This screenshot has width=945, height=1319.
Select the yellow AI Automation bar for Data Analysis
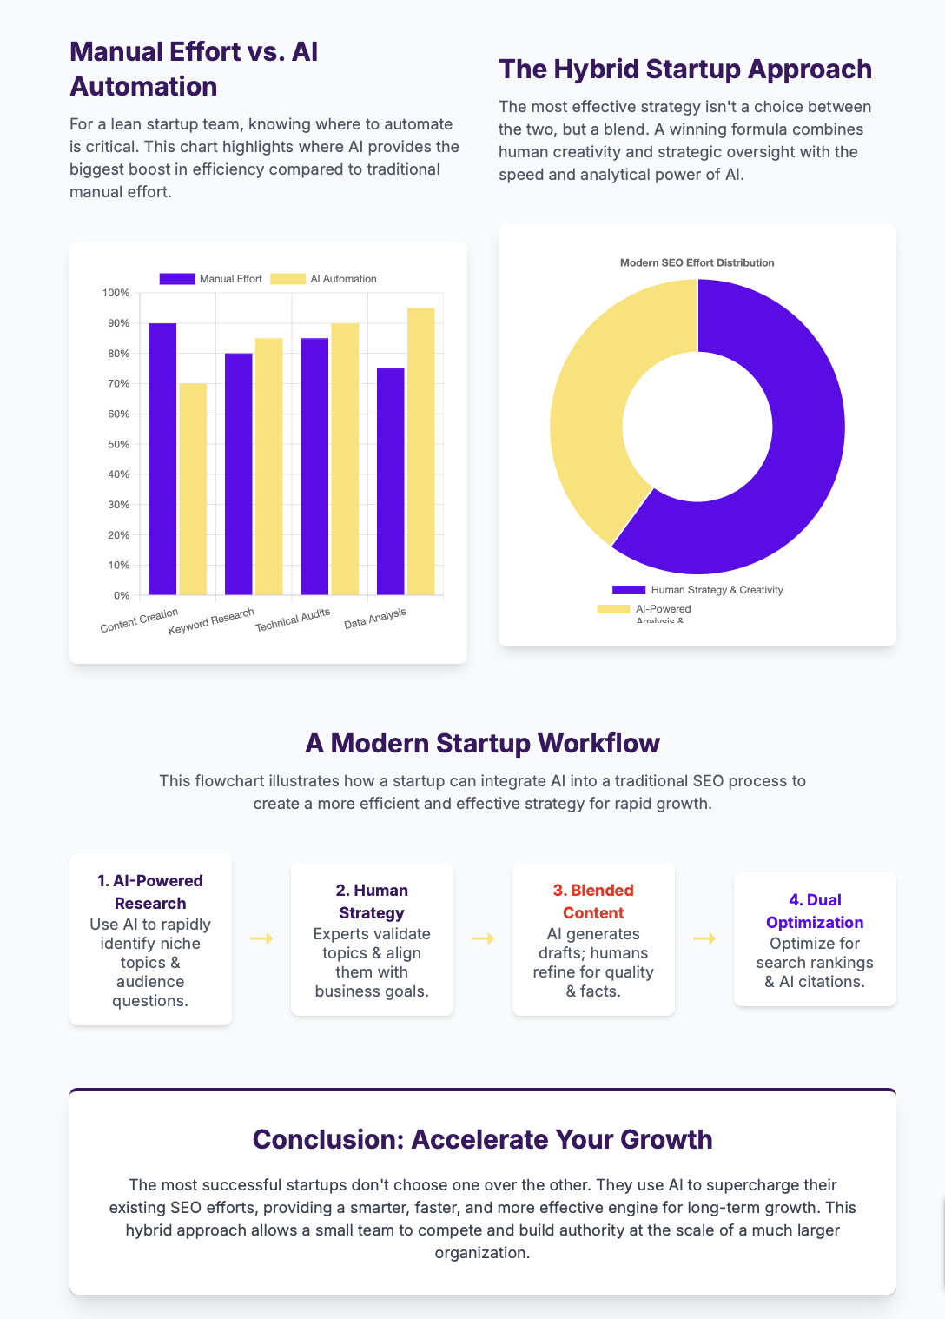pyautogui.click(x=421, y=452)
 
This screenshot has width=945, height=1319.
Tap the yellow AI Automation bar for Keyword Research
pyautogui.click(x=268, y=467)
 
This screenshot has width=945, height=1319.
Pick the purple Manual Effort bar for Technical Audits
pyautogui.click(x=314, y=467)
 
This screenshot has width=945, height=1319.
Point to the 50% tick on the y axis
pyautogui.click(x=119, y=445)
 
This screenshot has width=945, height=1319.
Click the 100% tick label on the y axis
pyautogui.click(x=116, y=293)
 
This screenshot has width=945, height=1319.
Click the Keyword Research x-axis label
pyautogui.click(x=212, y=621)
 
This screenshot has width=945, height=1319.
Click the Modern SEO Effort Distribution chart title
pyautogui.click(x=697, y=262)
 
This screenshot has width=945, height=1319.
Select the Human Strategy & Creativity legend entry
pyautogui.click(x=697, y=590)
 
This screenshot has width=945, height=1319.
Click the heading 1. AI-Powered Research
pyautogui.click(x=150, y=891)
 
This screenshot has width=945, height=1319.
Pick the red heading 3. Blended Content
pyautogui.click(x=593, y=901)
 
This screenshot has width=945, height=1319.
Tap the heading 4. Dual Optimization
pyautogui.click(x=815, y=911)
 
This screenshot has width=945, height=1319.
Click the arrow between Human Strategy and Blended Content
pyautogui.click(x=483, y=938)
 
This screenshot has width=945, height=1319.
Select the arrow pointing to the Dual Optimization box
pyautogui.click(x=704, y=938)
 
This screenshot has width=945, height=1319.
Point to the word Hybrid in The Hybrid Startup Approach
pyautogui.click(x=596, y=70)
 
